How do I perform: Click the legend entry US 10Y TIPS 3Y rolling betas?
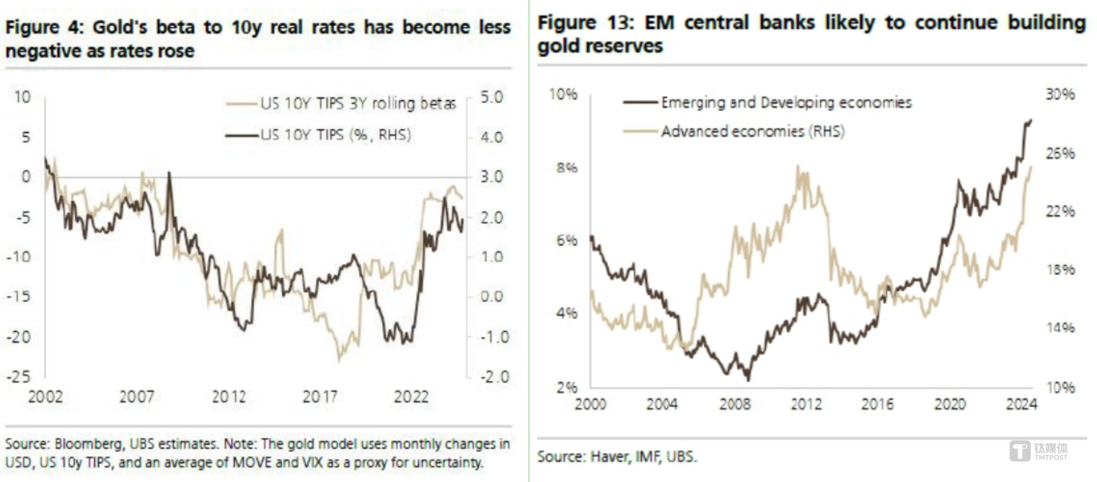(358, 104)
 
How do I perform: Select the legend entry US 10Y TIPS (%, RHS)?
(335, 134)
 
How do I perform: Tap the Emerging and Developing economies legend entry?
(786, 102)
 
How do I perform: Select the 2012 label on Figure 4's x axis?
(229, 397)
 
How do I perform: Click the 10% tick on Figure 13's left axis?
(565, 95)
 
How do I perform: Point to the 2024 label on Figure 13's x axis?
(1021, 405)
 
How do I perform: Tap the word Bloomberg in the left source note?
(76, 444)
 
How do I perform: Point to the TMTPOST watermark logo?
(1039, 452)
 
